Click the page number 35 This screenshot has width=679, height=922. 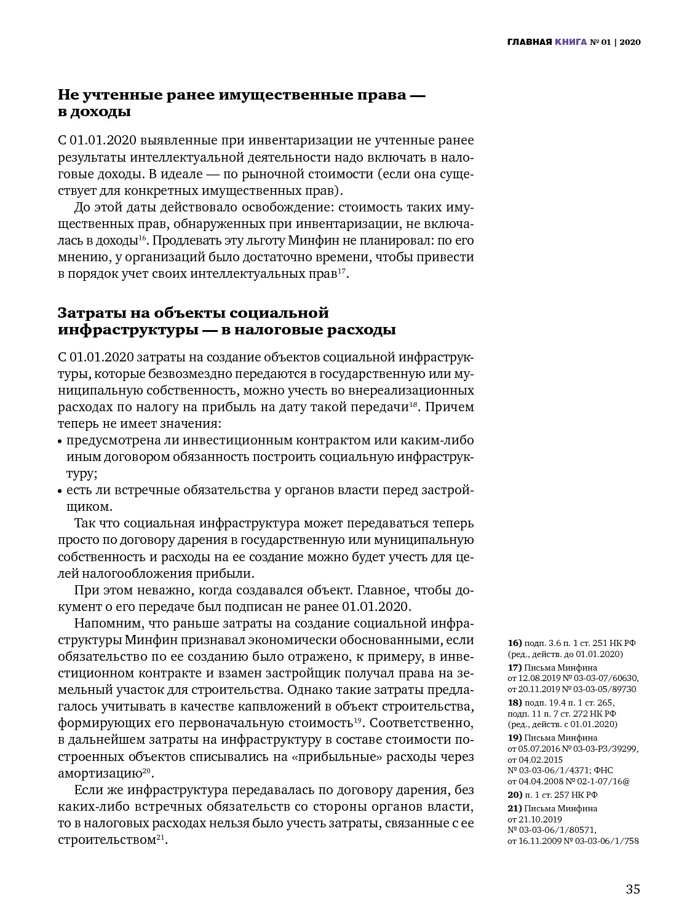click(x=633, y=889)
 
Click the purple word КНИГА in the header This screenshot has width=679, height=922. click(x=570, y=42)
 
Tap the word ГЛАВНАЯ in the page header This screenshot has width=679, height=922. click(x=529, y=42)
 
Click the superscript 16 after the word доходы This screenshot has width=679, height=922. click(x=142, y=237)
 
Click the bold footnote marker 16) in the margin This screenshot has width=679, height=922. click(x=515, y=643)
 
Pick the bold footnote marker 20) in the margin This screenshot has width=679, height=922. click(x=515, y=795)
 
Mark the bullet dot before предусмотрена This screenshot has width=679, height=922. click(x=60, y=441)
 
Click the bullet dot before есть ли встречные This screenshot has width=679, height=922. click(x=60, y=491)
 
